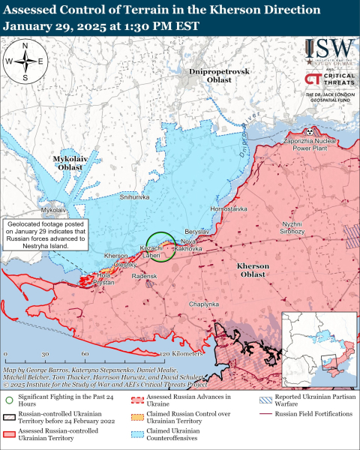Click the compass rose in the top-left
coord(25,61)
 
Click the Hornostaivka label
coord(228,208)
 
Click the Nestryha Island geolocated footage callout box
coord(45,234)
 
